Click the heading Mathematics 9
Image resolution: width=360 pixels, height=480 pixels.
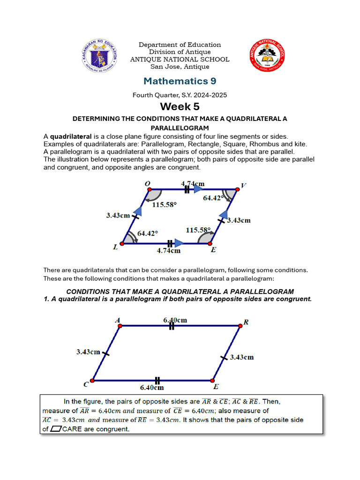point(180,81)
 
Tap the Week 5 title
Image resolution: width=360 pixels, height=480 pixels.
point(180,107)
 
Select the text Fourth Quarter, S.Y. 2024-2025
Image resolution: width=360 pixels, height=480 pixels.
point(180,95)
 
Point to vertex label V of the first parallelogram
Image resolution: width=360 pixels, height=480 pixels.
point(243,186)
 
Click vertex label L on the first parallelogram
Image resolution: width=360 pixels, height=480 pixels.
point(115,248)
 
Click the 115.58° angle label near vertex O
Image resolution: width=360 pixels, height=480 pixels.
point(161,205)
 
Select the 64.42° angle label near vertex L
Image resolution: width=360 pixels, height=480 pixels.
point(148,232)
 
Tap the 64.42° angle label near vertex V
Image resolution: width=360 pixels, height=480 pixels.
point(213,198)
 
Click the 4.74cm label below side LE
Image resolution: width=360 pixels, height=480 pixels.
point(168,251)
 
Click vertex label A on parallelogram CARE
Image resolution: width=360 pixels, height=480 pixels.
point(117,320)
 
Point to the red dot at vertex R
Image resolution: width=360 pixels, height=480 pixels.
point(240,325)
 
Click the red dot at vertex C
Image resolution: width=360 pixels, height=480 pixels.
point(92,380)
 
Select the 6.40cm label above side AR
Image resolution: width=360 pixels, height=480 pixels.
point(175,320)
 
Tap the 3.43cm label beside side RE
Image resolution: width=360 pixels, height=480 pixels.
point(242,357)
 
